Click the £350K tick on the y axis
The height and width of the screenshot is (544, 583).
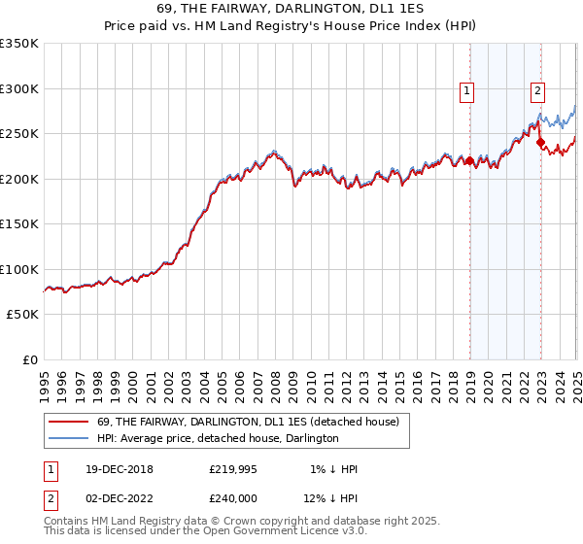18,44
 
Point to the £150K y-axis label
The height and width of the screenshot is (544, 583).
18,224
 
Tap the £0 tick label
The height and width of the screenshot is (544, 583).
29,360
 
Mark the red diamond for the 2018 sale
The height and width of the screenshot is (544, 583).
469,161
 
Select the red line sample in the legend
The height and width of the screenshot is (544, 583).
68,422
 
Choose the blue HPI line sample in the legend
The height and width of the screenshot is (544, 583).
68,438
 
